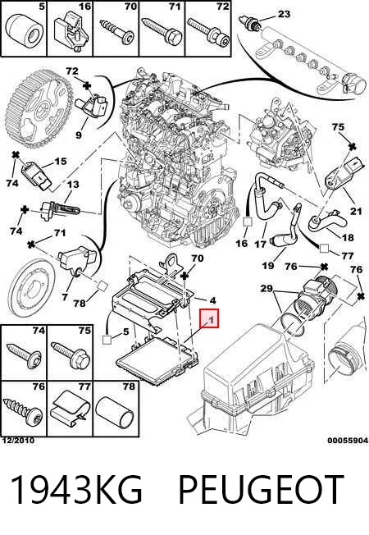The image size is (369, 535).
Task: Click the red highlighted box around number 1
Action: pos(209,318)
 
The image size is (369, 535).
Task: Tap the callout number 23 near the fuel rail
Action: pos(284,14)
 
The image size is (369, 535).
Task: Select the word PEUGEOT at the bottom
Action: pos(261,489)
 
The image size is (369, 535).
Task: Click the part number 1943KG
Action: pos(76,489)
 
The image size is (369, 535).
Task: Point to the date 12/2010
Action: pos(18,441)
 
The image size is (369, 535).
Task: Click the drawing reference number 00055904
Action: pos(348,441)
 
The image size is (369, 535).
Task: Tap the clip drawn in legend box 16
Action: pos(71,34)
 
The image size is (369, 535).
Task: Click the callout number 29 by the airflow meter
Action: pos(266,289)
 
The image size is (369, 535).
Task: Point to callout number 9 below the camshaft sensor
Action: pos(79,135)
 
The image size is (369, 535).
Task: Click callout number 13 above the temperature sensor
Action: pos(73,185)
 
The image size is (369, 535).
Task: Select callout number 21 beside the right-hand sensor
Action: pos(356,211)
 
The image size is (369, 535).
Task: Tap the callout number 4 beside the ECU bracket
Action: pos(213,300)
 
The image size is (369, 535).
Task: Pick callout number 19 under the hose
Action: pos(268,265)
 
